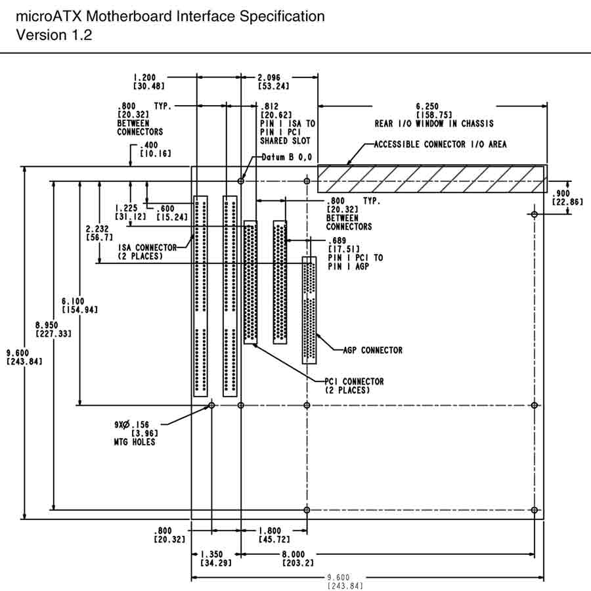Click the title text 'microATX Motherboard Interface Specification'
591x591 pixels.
(170, 16)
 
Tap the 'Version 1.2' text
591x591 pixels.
(54, 35)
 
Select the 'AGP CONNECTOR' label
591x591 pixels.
(372, 350)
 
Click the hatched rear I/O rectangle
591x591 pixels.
(431, 178)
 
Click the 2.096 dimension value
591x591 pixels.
(271, 77)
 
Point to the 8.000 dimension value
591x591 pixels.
(297, 555)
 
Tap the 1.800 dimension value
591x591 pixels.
(271, 531)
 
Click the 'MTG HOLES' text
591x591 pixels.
(135, 443)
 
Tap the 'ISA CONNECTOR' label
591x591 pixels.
(148, 248)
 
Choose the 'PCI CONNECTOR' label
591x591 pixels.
(354, 382)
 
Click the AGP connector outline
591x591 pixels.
(309, 310)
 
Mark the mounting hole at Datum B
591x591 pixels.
(242, 181)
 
